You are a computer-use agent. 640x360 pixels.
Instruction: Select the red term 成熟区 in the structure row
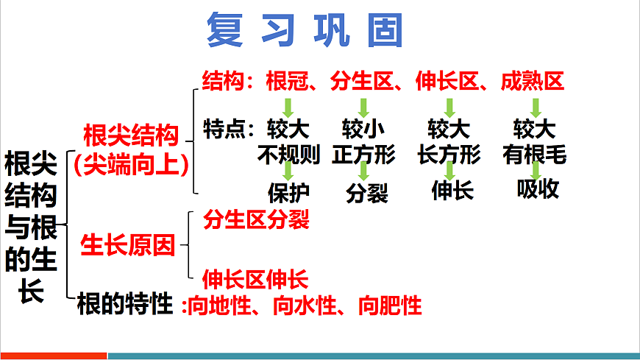click(x=533, y=80)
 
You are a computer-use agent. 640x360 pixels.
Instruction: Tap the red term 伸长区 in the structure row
click(x=447, y=80)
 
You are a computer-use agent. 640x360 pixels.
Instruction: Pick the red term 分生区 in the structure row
click(x=361, y=80)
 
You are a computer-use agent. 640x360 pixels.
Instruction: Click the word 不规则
click(x=288, y=155)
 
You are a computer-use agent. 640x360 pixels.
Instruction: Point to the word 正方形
click(x=364, y=155)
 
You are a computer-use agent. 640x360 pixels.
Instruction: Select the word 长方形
click(x=449, y=155)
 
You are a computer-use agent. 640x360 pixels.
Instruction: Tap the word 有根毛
click(x=535, y=155)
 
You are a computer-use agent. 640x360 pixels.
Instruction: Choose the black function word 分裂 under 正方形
click(x=366, y=194)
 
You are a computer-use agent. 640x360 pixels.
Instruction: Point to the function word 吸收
click(x=538, y=189)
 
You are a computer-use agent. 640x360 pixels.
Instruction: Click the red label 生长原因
click(x=128, y=246)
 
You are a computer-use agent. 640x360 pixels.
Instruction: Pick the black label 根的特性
click(x=125, y=303)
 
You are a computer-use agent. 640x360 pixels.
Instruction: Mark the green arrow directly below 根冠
click(x=288, y=107)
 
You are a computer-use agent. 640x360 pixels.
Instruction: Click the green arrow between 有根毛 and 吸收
click(x=536, y=172)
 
